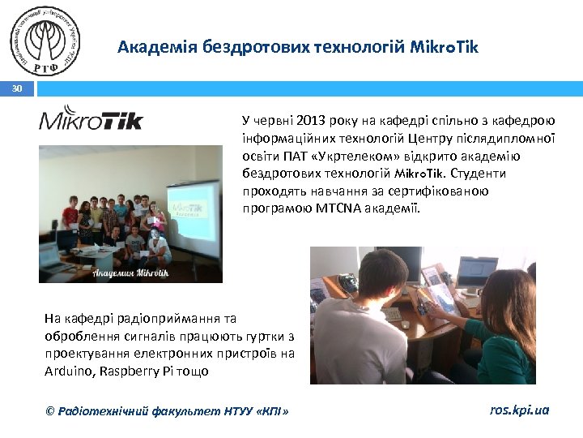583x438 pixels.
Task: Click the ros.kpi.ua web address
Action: click(x=519, y=410)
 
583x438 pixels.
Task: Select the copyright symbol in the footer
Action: click(x=50, y=411)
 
